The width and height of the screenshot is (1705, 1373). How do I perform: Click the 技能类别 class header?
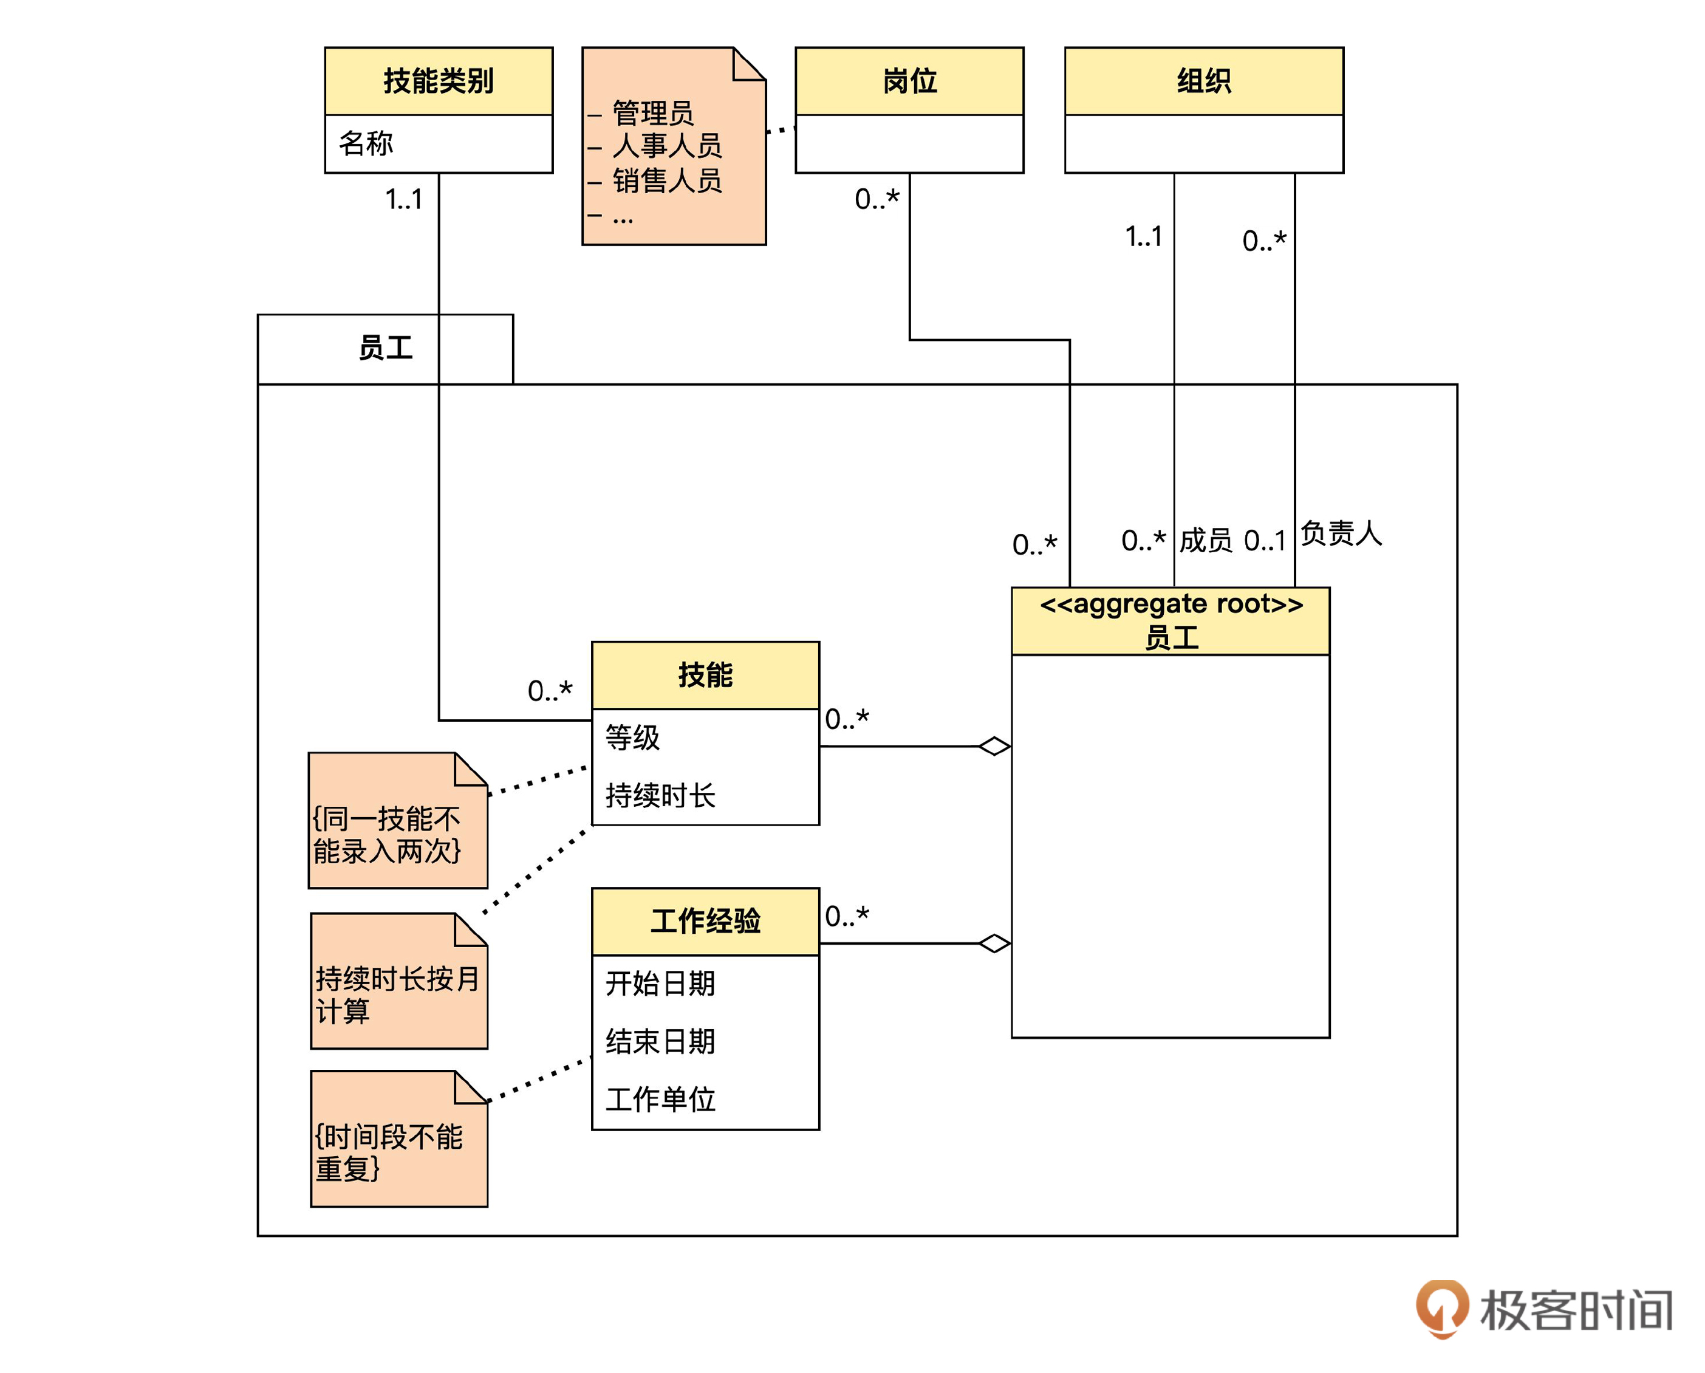(438, 81)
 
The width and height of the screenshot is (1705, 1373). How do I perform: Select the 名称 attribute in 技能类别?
(366, 143)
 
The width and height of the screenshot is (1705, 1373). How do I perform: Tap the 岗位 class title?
(909, 81)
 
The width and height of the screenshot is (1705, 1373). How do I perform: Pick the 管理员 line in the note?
(652, 113)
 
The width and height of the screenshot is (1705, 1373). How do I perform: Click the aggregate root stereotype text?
(1170, 604)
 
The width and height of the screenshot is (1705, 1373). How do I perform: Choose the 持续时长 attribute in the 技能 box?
(660, 795)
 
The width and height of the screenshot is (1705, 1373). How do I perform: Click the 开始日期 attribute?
(660, 983)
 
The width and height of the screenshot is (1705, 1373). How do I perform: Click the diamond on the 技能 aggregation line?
(994, 746)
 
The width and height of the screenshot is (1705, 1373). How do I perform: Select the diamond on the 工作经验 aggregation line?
(994, 943)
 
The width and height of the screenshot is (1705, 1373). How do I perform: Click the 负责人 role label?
(1341, 533)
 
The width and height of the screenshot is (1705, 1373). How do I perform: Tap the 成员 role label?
(1205, 540)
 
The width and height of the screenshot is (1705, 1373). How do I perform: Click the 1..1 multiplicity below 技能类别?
(403, 199)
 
